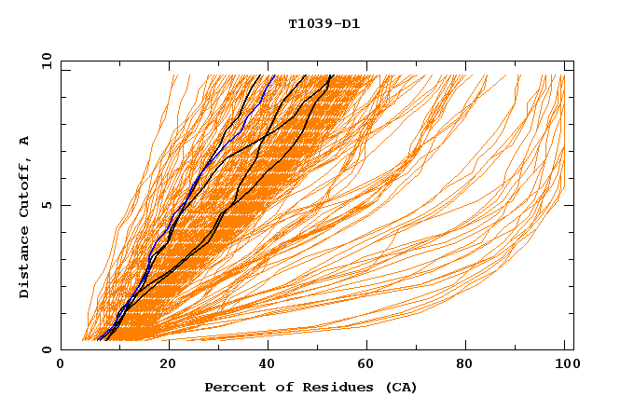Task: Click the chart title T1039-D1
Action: [324, 23]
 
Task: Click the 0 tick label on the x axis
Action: [62, 364]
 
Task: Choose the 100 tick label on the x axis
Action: [565, 364]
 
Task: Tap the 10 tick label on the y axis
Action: [44, 61]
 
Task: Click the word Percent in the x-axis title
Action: [232, 387]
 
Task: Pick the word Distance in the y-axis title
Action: [24, 263]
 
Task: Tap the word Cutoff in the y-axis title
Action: [24, 184]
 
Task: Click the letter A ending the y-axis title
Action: [24, 140]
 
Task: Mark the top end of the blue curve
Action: [273, 75]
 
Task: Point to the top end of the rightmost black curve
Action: [330, 75]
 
